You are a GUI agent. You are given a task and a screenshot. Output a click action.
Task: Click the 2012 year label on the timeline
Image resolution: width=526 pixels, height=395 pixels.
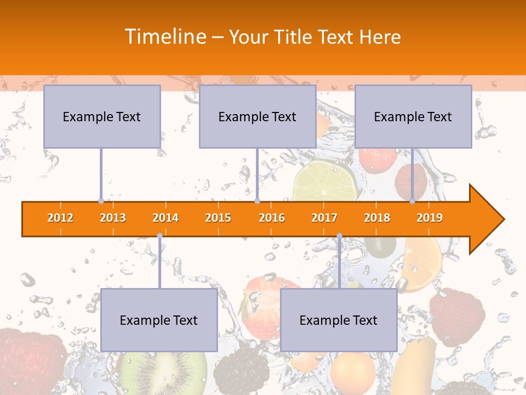60,218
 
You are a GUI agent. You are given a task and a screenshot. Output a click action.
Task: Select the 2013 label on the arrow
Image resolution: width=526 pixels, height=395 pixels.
113,218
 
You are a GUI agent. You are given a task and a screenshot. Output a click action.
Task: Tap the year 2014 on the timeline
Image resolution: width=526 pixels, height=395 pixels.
165,218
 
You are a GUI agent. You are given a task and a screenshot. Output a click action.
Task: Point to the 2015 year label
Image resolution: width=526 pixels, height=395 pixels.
218,218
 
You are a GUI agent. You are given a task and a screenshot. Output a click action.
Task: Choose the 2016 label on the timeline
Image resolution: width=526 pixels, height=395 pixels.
272,218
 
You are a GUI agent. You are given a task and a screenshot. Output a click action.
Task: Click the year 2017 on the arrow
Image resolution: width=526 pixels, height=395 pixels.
324,218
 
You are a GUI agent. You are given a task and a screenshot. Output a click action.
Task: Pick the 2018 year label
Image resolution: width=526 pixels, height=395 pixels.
377,218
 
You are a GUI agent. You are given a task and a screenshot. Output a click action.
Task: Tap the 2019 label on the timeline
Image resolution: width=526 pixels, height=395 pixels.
430,218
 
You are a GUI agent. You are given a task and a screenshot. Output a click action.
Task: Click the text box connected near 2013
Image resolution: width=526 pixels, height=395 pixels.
102,116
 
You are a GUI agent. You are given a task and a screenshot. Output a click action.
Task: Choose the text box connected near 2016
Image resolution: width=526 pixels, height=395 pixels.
258,116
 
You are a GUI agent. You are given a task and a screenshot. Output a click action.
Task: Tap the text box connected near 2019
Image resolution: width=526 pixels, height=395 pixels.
413,116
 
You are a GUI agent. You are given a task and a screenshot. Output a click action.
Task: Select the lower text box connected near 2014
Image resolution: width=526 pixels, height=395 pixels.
159,320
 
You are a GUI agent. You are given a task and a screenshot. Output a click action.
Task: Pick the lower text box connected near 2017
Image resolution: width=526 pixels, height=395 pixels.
339,320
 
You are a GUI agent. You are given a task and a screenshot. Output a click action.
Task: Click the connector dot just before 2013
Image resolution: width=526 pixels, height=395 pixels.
101,201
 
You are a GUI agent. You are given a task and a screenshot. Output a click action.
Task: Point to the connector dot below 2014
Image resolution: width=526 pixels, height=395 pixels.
159,236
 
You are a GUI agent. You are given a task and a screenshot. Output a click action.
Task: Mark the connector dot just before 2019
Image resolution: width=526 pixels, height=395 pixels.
413,201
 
